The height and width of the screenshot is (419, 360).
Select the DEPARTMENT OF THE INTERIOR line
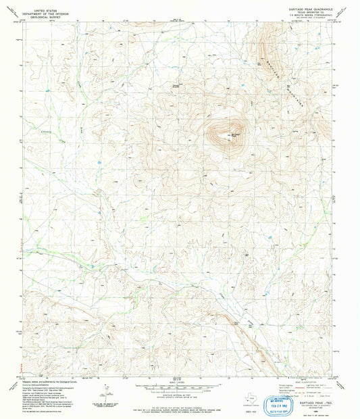tap(40, 9)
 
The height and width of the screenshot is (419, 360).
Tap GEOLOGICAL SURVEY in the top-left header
tap(40, 14)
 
